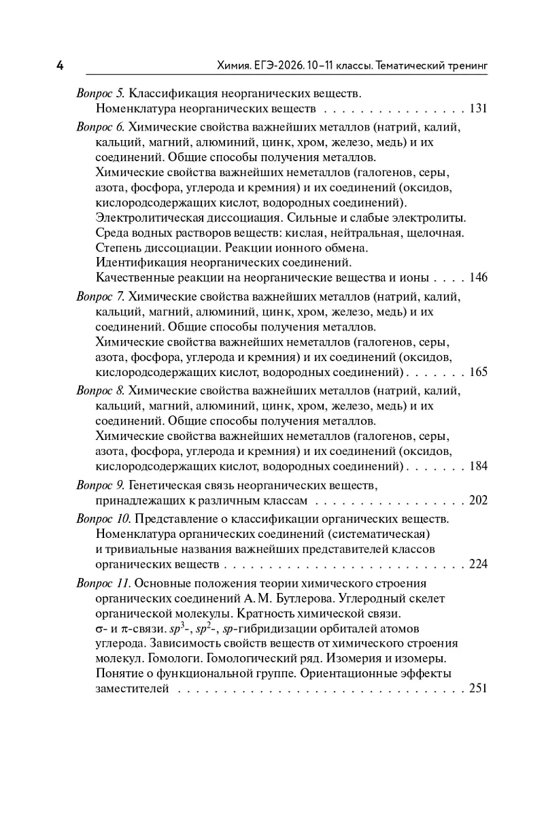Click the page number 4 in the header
coord(60,66)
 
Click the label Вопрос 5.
coord(100,92)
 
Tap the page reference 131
coord(479,109)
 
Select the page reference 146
coord(479,277)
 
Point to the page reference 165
coord(479,372)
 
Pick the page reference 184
coord(479,466)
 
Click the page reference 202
coord(479,500)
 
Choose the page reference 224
coord(479,564)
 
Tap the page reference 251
coord(479,688)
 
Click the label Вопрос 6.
coord(100,126)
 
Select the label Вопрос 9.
coord(100,484)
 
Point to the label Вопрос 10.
coord(103,518)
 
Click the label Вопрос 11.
coord(103,583)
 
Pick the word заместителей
coord(132,688)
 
